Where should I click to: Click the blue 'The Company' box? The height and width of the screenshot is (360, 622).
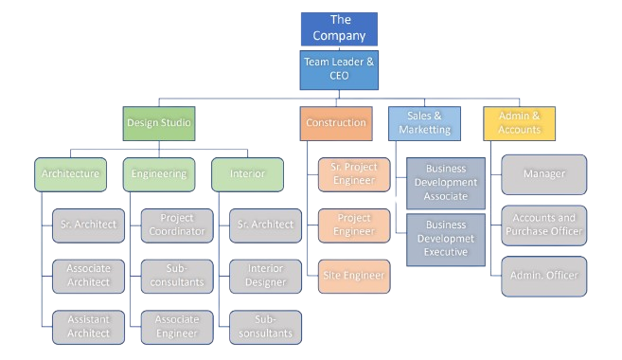tap(339, 28)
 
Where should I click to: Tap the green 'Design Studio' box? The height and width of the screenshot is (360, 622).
tap(158, 123)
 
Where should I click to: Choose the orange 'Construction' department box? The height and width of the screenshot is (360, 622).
tap(335, 123)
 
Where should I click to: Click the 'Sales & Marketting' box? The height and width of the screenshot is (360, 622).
tap(424, 123)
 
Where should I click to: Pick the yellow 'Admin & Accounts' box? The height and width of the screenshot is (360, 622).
tap(518, 123)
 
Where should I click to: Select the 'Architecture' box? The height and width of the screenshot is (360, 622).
tap(71, 174)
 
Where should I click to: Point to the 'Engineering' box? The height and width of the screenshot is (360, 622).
tap(159, 174)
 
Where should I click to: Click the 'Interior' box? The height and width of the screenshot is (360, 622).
tap(247, 174)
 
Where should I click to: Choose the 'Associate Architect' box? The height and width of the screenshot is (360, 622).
tap(88, 275)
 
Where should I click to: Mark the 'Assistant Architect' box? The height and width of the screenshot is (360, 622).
tap(88, 326)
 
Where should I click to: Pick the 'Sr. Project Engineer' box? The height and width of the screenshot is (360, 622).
tap(352, 174)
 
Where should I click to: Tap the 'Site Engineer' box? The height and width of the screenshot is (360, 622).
tap(352, 276)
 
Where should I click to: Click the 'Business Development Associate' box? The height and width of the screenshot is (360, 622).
tap(446, 183)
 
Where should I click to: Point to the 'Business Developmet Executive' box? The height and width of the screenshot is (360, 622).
tap(446, 239)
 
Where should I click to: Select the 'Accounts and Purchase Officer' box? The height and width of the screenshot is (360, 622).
tap(543, 225)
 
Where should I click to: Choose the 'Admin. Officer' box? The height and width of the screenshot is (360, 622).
tap(543, 275)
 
